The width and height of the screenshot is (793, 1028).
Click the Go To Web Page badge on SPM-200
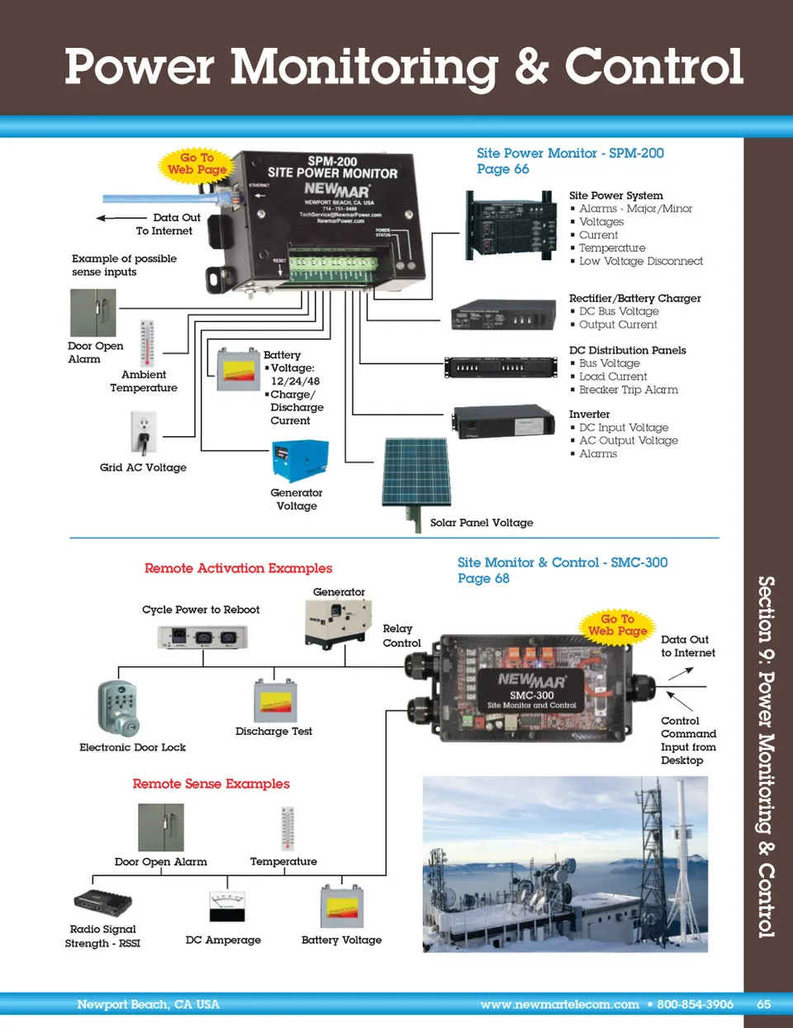[x=197, y=163]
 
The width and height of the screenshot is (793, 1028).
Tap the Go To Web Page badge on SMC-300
[x=617, y=625]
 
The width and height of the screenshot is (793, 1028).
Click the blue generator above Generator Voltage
[x=300, y=461]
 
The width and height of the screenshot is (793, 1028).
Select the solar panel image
[x=416, y=472]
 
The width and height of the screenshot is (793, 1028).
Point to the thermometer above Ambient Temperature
[x=147, y=343]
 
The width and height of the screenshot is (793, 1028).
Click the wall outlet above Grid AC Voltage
[x=143, y=432]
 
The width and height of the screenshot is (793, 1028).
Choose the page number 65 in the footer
[x=763, y=1005]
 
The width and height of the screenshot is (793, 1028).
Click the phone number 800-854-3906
[x=695, y=1005]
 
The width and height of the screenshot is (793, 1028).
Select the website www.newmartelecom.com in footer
[x=559, y=1005]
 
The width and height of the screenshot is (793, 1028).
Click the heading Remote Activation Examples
[x=238, y=568]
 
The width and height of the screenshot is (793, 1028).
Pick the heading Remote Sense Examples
[x=211, y=784]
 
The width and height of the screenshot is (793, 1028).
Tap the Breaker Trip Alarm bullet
[x=628, y=390]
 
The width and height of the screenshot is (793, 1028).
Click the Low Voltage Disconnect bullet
[x=640, y=262]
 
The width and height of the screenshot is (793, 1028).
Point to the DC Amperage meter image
[x=226, y=907]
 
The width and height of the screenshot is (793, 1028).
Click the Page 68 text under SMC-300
[x=483, y=579]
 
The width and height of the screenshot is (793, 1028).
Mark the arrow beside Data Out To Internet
[x=113, y=218]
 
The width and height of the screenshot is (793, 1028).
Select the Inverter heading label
[x=589, y=415]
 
